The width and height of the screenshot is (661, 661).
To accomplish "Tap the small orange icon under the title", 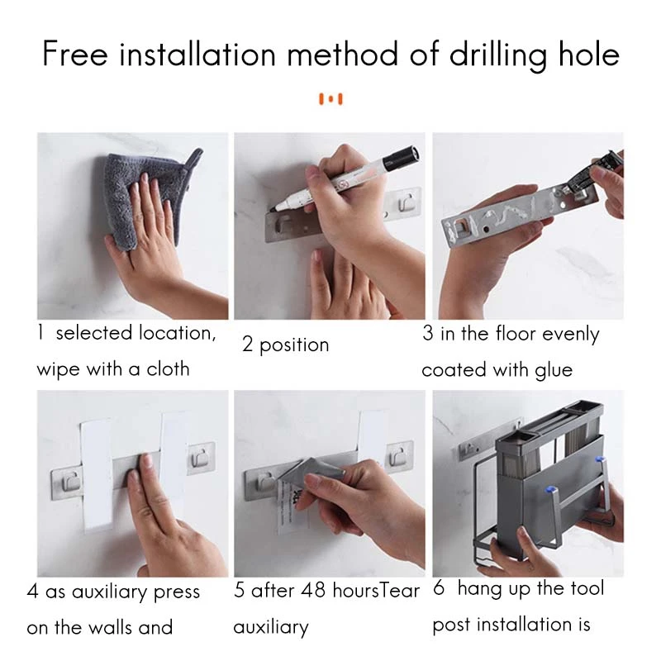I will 330,99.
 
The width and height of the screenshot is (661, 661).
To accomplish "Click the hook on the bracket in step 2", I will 406,202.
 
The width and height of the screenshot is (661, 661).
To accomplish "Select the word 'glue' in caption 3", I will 553,370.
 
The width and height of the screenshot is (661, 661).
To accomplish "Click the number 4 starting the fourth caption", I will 32,592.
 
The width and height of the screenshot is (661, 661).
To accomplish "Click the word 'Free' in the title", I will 75,55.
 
